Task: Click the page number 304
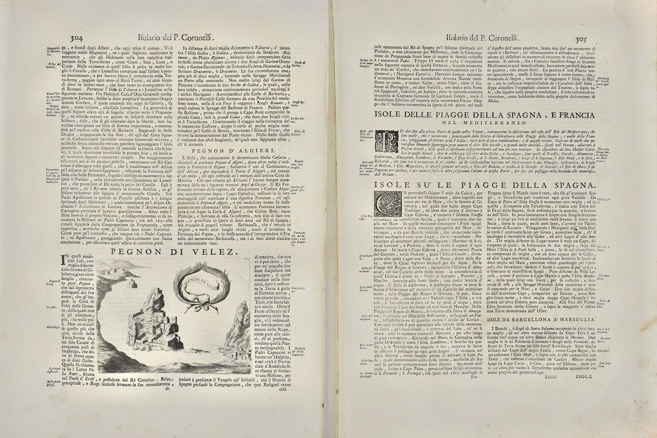(76, 38)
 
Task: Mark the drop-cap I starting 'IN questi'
(63, 260)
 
